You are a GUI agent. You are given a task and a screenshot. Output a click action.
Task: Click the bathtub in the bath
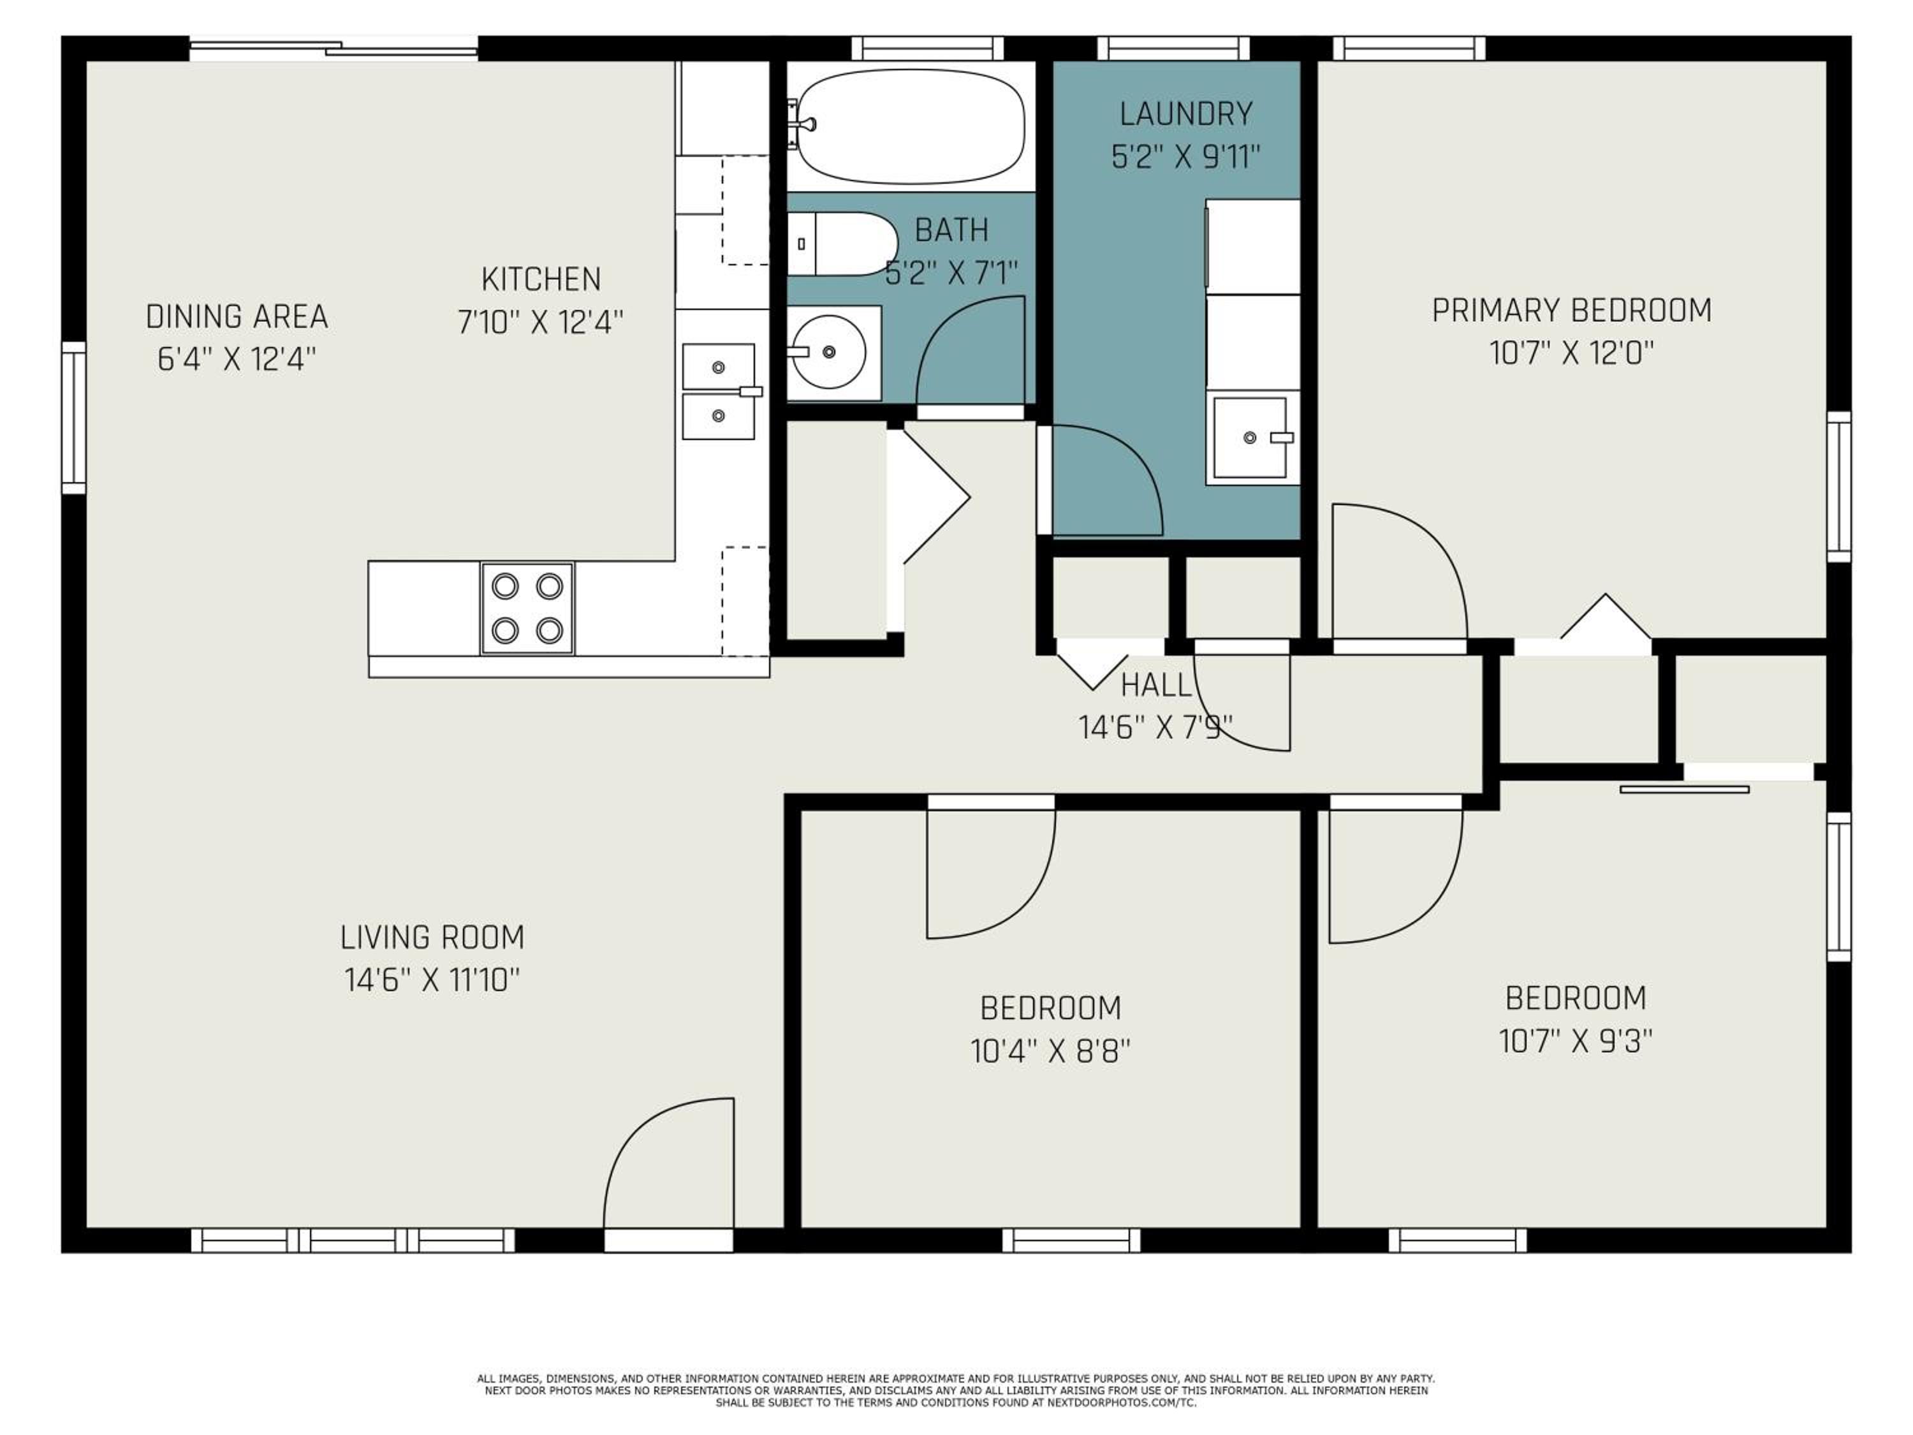(x=910, y=127)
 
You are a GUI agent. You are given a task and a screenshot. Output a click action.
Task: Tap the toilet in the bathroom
(x=842, y=244)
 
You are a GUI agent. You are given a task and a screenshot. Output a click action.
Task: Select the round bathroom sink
(x=828, y=352)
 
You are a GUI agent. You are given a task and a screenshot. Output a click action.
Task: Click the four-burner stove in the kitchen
(x=527, y=608)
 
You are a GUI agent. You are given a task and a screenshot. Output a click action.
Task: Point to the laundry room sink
(x=1250, y=438)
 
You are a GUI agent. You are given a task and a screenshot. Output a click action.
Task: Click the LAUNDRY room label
(x=1185, y=114)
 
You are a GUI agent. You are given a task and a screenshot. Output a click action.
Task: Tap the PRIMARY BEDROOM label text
(x=1571, y=311)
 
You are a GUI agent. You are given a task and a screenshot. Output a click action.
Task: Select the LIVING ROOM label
(x=432, y=938)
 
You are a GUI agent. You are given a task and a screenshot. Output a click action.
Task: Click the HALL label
(x=1156, y=686)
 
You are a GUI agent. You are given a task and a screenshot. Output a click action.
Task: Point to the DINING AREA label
(x=237, y=316)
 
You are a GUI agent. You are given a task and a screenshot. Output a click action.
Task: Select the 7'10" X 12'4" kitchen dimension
(x=541, y=323)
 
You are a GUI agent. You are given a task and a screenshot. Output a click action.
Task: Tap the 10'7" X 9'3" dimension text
(x=1576, y=1041)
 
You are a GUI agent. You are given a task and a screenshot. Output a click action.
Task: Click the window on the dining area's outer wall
(x=73, y=418)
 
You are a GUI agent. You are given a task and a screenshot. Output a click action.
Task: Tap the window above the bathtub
(x=927, y=48)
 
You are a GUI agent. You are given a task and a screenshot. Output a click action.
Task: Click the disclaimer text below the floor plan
(x=956, y=1390)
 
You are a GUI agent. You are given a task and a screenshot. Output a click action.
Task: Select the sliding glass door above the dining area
(x=334, y=48)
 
